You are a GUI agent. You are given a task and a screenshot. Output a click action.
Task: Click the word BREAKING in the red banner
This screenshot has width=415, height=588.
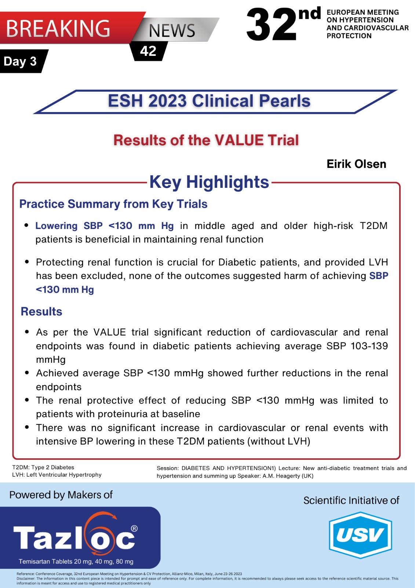58,29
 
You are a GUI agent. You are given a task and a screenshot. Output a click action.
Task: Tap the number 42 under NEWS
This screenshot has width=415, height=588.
148,51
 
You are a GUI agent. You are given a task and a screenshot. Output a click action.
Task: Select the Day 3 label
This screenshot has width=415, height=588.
20,61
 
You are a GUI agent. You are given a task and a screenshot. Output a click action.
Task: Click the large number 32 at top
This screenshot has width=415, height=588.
271,25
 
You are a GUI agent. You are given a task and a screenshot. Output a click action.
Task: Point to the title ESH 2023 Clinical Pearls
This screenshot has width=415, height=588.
209,101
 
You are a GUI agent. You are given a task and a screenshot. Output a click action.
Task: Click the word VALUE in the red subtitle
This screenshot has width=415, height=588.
239,140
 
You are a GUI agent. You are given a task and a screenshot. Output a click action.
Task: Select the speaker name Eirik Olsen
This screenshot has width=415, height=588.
356,164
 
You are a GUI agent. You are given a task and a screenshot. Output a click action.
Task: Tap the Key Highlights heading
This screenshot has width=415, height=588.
209,182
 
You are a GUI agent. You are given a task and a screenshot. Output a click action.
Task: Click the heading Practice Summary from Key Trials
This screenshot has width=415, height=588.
113,204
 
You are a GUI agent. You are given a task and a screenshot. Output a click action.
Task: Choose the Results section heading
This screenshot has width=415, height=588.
41,312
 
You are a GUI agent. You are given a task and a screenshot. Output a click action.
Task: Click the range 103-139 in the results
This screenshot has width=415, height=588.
369,346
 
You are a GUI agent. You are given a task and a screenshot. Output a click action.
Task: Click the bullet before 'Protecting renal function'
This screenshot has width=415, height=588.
27,262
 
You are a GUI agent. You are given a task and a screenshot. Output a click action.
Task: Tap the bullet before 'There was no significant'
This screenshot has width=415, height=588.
27,427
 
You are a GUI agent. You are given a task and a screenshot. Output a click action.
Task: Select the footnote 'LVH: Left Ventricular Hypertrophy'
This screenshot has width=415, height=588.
57,475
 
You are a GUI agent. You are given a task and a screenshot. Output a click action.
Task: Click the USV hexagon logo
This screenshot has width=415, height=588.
360,535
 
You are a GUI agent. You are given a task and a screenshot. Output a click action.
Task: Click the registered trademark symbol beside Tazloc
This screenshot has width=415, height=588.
134,528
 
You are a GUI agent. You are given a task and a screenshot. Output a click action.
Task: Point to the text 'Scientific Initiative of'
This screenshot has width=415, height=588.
351,501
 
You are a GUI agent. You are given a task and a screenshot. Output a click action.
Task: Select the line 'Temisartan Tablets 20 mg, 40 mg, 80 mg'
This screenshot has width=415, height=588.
76,562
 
